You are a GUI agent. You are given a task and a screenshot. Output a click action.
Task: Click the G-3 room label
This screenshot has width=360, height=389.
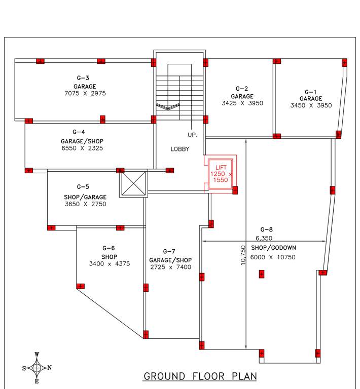(83, 78)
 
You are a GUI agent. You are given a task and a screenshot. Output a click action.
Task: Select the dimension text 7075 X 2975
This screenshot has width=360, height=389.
(85, 94)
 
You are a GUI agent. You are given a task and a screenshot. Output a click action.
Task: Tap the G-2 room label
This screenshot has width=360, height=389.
(242, 89)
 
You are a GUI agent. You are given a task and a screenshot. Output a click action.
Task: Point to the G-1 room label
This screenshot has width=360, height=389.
(311, 91)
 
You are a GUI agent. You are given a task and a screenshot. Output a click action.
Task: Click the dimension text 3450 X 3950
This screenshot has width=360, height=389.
(311, 106)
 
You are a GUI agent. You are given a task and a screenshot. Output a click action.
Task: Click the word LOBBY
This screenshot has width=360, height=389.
(179, 149)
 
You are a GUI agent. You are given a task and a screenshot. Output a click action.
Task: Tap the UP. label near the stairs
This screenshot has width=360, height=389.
(193, 135)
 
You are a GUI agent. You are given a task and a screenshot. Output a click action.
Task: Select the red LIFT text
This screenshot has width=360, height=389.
(221, 167)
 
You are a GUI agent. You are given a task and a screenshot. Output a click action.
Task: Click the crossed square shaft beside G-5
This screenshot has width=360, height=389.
(133, 184)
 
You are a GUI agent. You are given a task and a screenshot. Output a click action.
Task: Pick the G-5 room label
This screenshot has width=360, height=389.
(83, 187)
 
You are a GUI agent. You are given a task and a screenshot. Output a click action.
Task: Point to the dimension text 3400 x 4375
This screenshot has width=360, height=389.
(109, 264)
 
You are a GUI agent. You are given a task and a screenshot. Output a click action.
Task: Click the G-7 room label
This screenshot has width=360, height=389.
(169, 251)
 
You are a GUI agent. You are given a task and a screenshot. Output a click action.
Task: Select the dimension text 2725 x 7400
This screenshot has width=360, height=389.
(170, 267)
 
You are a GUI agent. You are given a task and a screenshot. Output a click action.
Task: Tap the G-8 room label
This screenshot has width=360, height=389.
(267, 229)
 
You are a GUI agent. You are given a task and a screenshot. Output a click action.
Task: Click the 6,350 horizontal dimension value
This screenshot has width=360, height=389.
(264, 238)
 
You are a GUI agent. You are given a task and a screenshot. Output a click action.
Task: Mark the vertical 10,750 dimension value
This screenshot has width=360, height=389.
(243, 255)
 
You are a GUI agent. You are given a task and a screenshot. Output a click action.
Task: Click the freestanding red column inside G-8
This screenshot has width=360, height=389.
(262, 274)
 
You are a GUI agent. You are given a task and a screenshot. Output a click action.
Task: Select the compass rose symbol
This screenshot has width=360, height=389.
(37, 367)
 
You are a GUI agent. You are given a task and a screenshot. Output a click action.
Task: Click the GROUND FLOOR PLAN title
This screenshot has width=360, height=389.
(200, 376)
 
